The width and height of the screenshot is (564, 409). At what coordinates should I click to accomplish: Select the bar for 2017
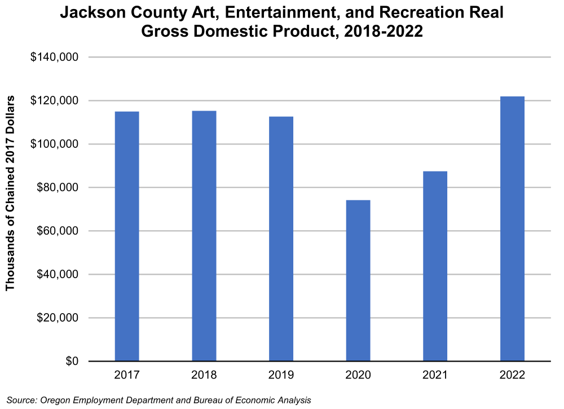tap(127, 236)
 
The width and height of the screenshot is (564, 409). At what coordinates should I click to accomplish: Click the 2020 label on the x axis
tap(358, 375)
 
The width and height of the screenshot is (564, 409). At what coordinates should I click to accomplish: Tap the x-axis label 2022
tap(512, 375)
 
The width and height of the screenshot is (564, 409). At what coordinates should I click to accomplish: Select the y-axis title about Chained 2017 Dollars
tap(10, 193)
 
